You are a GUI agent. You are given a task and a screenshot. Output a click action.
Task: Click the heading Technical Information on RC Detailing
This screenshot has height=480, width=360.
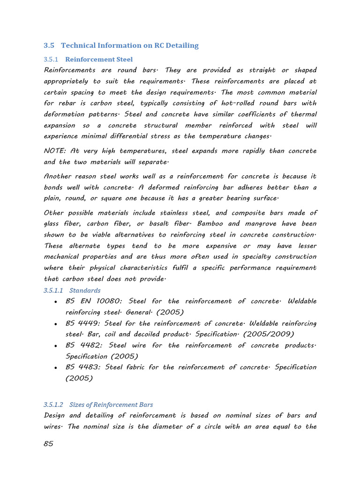(130, 45)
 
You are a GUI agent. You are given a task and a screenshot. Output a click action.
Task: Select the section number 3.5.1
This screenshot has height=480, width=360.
(51, 60)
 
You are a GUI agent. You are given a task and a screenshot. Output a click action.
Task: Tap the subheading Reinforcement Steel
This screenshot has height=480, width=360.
(99, 60)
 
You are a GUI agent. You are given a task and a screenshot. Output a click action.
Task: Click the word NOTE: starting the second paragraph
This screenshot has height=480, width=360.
(54, 151)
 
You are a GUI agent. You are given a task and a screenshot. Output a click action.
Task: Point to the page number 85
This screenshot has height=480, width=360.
(48, 444)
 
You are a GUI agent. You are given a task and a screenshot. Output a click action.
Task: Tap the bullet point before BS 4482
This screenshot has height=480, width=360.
(56, 346)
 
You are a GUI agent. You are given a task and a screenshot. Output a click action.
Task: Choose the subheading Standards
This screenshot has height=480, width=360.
(85, 291)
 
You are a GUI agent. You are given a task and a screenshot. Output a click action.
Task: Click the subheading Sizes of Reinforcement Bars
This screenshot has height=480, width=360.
(111, 405)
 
